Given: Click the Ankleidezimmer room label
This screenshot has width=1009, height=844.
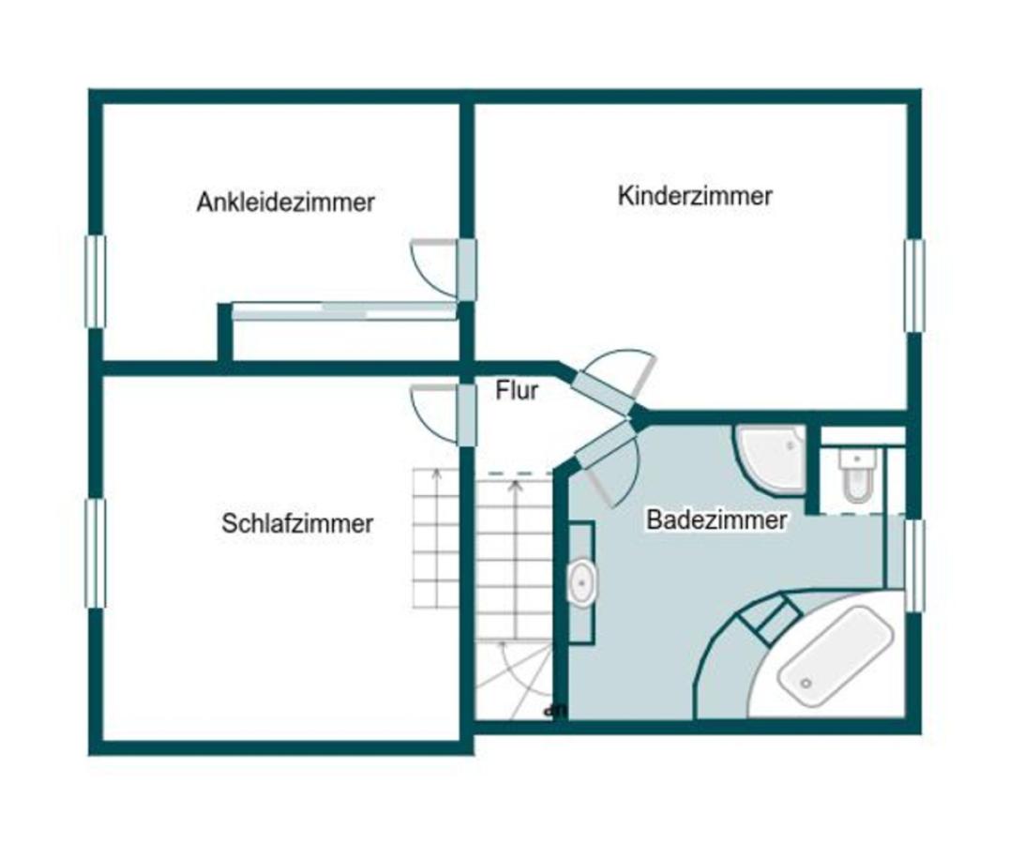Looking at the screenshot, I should (285, 202).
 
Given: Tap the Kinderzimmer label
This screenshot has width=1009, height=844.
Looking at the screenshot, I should (695, 196).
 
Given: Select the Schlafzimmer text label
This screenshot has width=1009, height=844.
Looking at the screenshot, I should (297, 523).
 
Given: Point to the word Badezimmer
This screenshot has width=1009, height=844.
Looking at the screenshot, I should (716, 520).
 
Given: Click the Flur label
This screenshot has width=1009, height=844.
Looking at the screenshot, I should (517, 390).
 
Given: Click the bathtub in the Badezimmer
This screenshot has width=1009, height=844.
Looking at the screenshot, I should (833, 656).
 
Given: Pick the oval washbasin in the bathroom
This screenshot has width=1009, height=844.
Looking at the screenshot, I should (581, 582).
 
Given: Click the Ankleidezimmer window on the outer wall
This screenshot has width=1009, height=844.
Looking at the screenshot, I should (95, 281).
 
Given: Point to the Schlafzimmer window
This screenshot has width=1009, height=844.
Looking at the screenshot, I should (95, 553).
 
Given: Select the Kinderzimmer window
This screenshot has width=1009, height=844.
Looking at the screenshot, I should (914, 285).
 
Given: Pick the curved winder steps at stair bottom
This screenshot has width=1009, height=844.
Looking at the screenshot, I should (511, 680).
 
